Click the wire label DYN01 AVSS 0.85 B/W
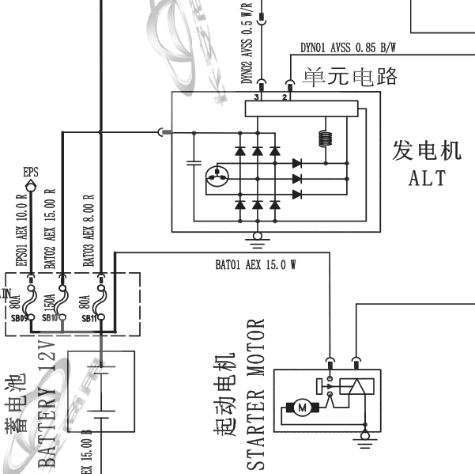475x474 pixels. [348, 47]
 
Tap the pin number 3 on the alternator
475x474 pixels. [258, 97]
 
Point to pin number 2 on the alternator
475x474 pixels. [284, 97]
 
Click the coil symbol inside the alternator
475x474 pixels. [323, 138]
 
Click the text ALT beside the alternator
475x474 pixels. [427, 177]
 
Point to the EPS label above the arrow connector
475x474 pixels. [31, 171]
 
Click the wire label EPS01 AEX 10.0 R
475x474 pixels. [23, 230]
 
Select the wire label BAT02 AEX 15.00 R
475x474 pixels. [50, 230]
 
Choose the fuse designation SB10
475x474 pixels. [51, 317]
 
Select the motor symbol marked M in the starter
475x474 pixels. [301, 408]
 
